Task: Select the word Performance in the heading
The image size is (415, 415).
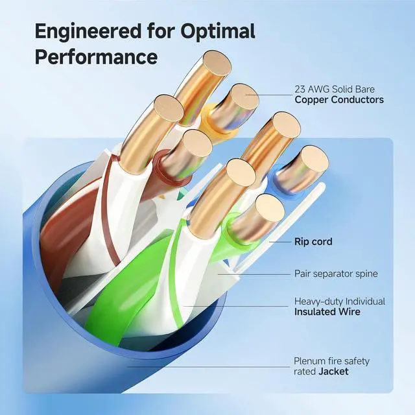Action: point(96,56)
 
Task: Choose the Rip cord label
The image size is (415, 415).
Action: point(313,242)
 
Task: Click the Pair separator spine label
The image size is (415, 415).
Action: point(335,274)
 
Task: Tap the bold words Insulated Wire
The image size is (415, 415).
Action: point(326,312)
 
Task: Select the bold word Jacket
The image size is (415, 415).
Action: point(333,371)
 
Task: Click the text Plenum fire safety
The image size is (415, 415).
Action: point(331,361)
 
